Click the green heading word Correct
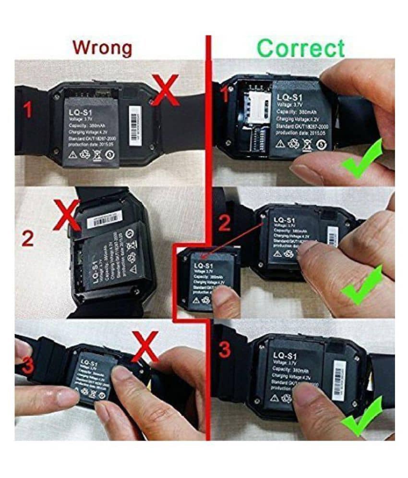pos(301,49)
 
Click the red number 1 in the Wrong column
pos(28,111)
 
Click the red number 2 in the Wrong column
pos(28,239)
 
